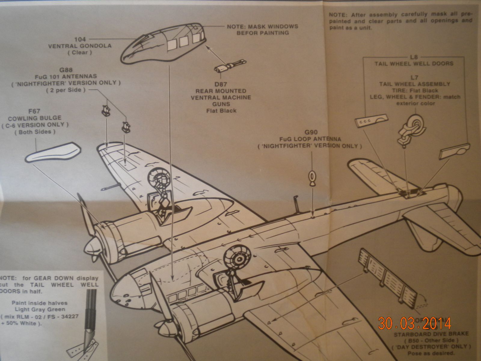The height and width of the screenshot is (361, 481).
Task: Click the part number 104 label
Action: pos(80,39)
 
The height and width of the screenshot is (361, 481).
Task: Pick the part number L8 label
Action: pos(414,57)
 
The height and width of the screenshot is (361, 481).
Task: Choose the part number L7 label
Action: pos(414,77)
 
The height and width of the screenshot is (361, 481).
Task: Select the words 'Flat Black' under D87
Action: pos(221,111)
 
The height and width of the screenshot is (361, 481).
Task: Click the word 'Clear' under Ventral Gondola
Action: pos(80,52)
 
